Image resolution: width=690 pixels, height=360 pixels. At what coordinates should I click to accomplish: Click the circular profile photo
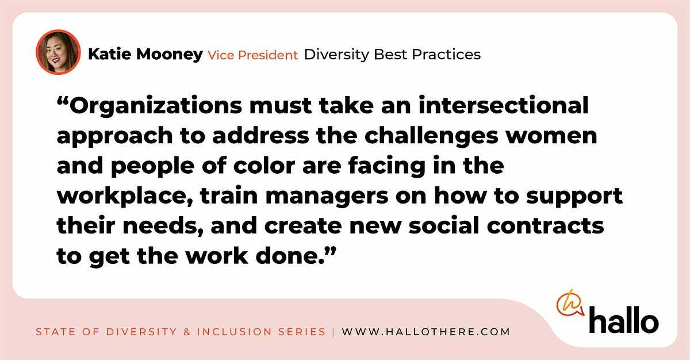57,52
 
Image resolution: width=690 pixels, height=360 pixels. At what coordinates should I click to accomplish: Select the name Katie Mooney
145,55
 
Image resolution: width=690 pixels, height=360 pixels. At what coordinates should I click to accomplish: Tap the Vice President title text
252,55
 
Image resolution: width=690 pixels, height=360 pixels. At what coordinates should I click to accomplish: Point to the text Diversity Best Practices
392,55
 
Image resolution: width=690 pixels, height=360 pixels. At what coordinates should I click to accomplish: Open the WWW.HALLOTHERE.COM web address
425,332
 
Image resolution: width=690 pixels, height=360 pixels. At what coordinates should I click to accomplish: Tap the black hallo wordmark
623,320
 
